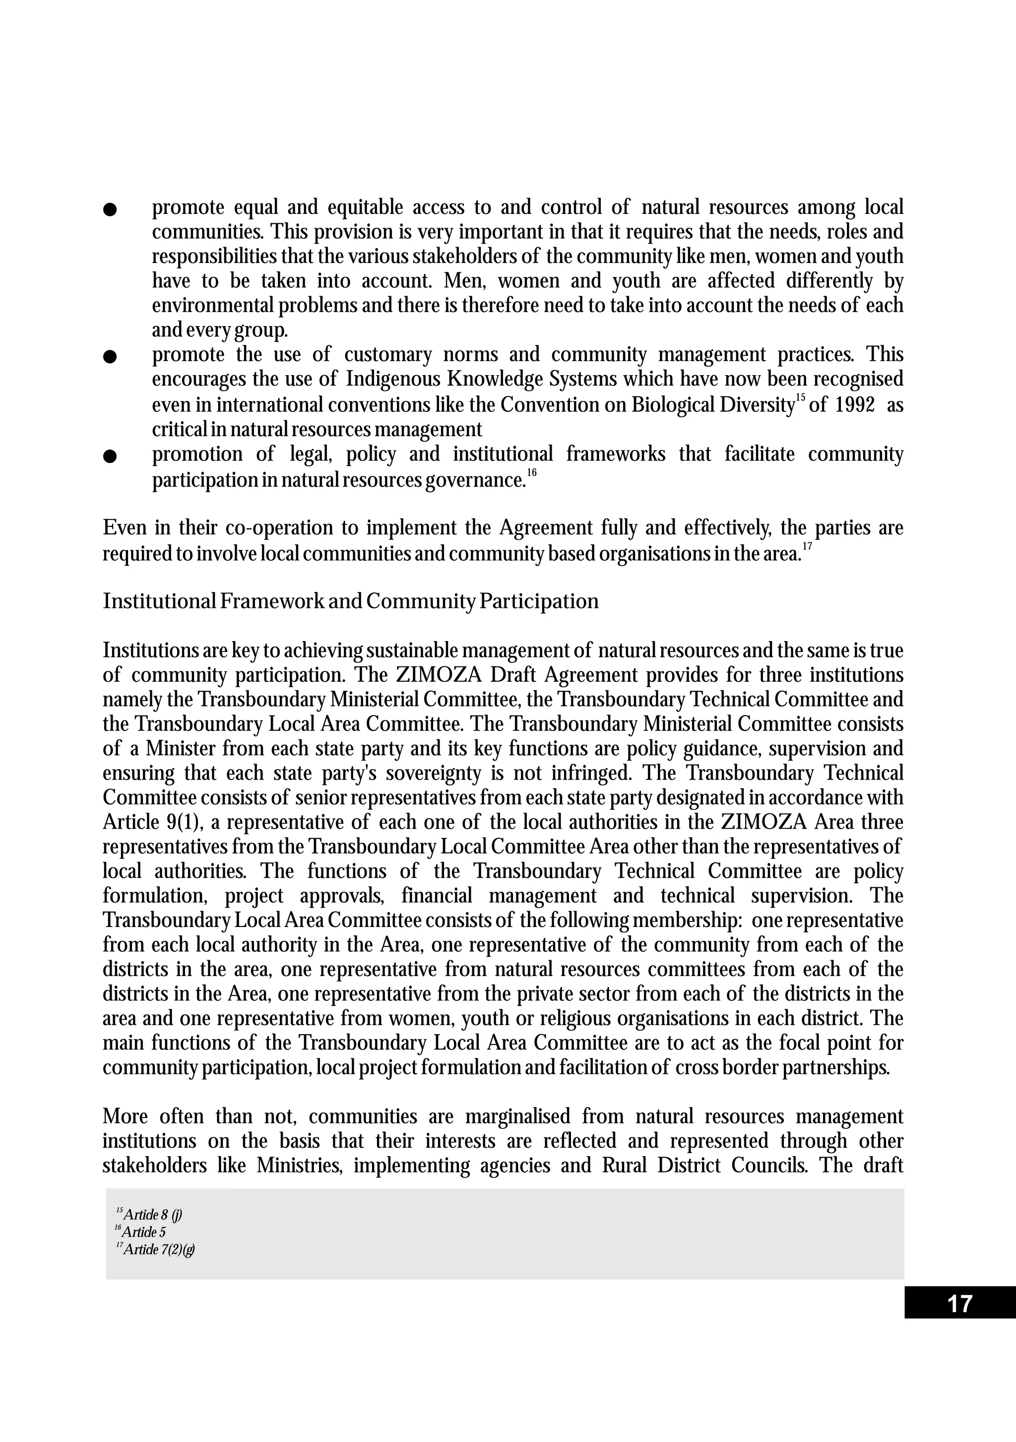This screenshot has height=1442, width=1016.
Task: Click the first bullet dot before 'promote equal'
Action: point(110,209)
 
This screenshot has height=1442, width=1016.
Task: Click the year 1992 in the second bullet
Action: point(855,405)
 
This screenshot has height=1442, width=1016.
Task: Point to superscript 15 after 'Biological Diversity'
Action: point(800,397)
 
